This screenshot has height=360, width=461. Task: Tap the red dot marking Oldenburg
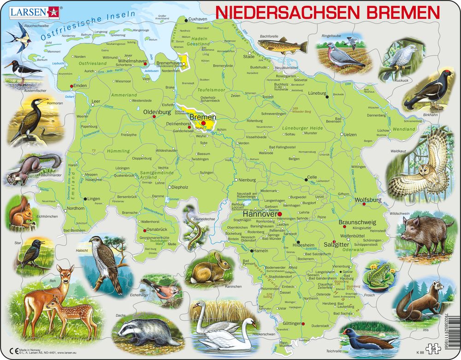[154, 117]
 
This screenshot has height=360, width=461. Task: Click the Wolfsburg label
[368, 200]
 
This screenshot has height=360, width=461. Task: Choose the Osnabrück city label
[156, 229]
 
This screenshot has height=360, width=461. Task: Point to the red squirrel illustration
[22, 214]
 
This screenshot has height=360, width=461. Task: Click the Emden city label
[80, 86]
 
